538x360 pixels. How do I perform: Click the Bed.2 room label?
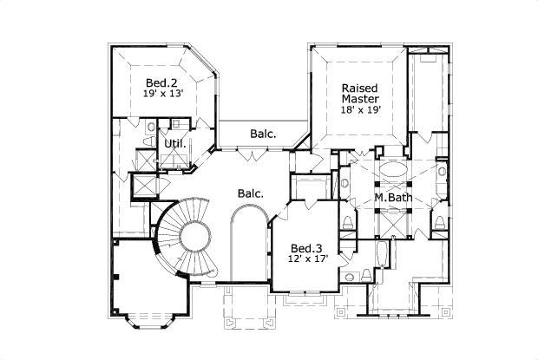[x=162, y=83]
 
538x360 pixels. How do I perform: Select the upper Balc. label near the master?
[x=263, y=134]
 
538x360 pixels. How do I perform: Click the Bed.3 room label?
[x=307, y=245]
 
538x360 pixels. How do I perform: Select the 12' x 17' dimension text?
[x=307, y=258]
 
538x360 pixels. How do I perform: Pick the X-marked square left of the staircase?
[x=140, y=187]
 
